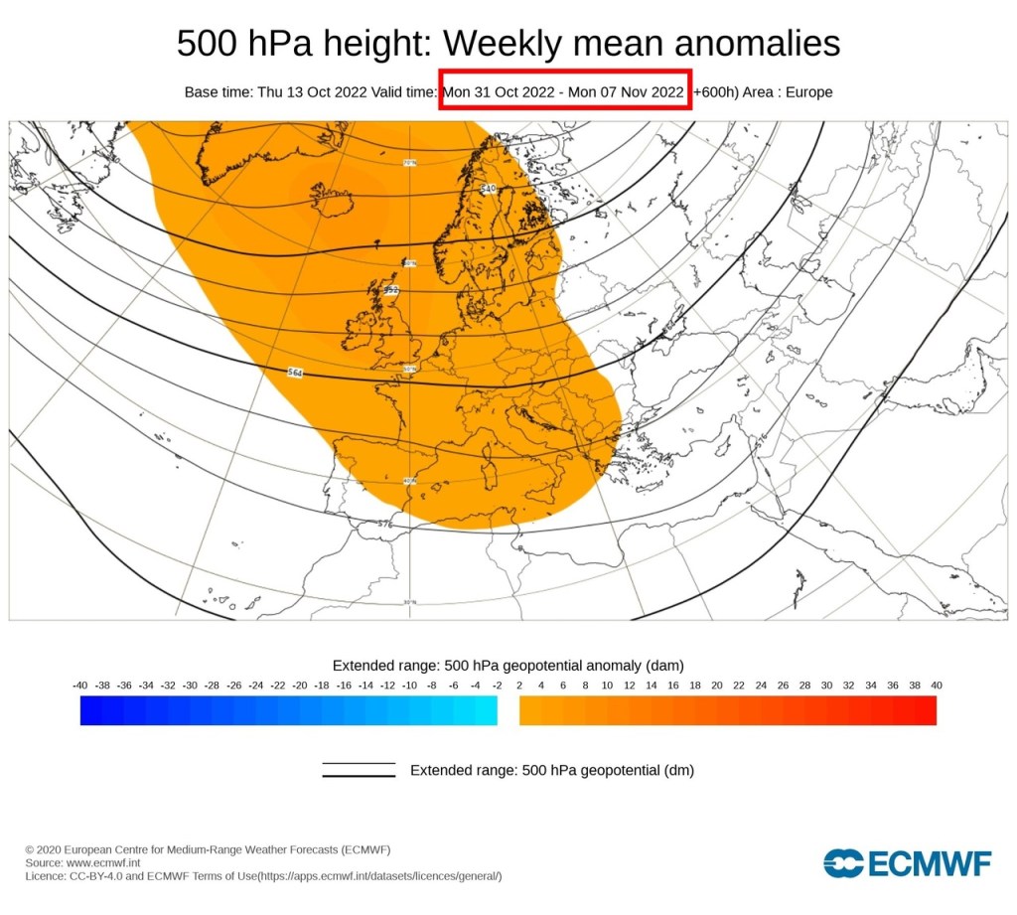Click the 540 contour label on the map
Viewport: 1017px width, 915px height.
(488, 188)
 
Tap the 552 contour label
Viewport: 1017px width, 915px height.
(391, 290)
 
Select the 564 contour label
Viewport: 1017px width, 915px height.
(295, 373)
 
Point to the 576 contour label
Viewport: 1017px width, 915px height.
(385, 523)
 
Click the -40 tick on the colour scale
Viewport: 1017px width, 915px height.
(80, 686)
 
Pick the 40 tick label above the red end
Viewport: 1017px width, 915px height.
(936, 686)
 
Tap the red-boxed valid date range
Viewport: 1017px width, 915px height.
(564, 91)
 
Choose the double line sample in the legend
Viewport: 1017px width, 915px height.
(359, 770)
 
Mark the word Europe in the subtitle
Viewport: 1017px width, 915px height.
(809, 91)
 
